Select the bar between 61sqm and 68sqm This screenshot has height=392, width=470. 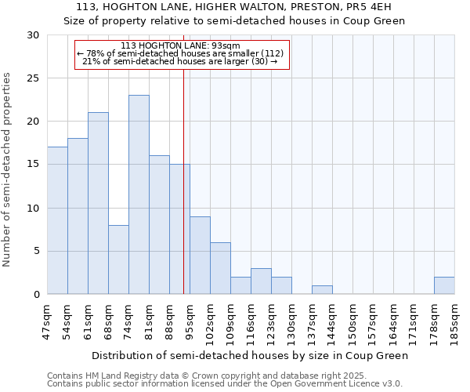[98, 203]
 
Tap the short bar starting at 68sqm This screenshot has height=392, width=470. [118, 260]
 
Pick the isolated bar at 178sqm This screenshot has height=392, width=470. [444, 285]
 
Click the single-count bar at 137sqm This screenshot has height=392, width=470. [322, 290]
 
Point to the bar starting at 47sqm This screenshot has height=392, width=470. [57, 220]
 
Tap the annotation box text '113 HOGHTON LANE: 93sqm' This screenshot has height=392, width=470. [181, 46]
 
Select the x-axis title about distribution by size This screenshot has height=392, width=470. [250, 355]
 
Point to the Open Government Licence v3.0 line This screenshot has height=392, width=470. [224, 384]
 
